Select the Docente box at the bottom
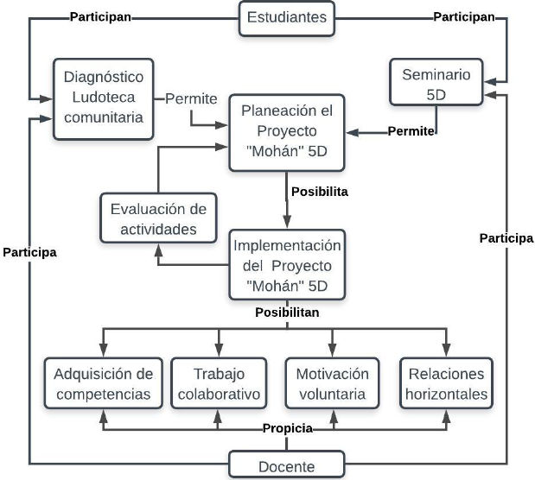point(286,465)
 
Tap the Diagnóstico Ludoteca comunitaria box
point(104,98)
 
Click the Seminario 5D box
point(436,84)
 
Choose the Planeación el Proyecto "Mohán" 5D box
point(286,132)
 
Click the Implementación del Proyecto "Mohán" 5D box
point(286,262)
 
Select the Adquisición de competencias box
point(103,384)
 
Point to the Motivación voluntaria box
point(332,384)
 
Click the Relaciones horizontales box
point(445,384)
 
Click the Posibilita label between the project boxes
point(319,192)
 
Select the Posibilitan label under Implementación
point(286,310)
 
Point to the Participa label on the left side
point(29,253)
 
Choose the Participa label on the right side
point(506,238)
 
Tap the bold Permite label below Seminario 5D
point(411,131)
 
